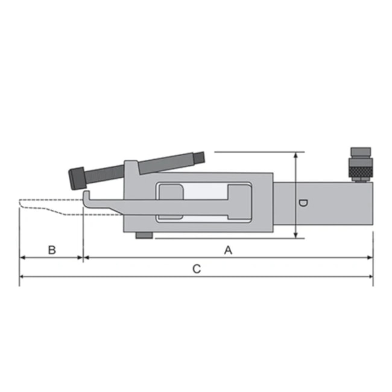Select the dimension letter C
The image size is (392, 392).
197,269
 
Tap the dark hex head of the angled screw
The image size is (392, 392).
77,178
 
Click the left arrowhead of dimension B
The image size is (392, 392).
23,258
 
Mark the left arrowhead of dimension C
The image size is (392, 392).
23,277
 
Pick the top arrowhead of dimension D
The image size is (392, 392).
296,156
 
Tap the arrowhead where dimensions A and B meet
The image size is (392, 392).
83,258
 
